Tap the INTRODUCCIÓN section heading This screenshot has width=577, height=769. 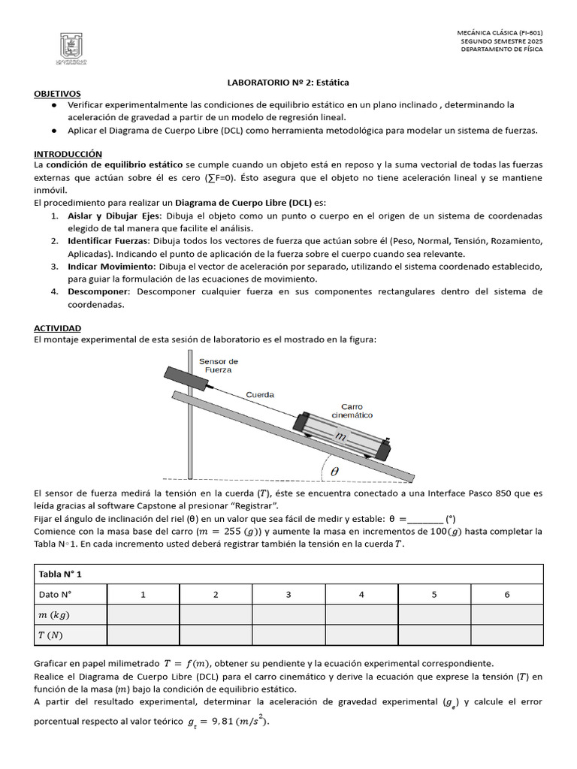[68, 152]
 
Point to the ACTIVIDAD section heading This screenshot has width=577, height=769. [58, 328]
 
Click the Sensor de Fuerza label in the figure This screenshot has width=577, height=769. [219, 365]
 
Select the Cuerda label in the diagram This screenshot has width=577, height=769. [260, 394]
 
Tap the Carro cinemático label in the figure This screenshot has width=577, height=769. [352, 410]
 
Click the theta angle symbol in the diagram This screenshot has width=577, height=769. [334, 471]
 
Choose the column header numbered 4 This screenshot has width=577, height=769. [361, 594]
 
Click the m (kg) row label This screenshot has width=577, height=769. [54, 614]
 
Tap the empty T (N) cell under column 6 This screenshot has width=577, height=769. [506, 635]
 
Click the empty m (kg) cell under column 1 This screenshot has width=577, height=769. [143, 614]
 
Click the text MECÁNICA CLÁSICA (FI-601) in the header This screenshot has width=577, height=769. [500, 33]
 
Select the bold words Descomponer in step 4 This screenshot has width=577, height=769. [98, 291]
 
